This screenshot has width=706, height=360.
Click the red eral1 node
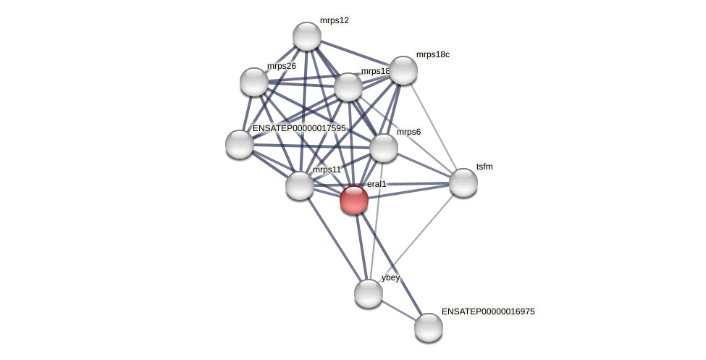point(354,200)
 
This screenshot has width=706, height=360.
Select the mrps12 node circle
point(307,36)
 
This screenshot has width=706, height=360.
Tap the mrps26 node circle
point(254,82)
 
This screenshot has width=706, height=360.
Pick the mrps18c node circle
point(403,70)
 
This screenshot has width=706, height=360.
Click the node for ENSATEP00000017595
point(240,144)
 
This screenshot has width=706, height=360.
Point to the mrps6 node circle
point(384,148)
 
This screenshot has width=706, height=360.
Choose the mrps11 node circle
point(300,185)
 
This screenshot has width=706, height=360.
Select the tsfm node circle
point(463,183)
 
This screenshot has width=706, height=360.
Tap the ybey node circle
point(369,293)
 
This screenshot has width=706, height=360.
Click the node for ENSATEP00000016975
point(429,327)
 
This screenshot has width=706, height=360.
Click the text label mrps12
point(335,20)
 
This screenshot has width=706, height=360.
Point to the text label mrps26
point(281,66)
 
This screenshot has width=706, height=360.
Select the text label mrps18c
point(432,54)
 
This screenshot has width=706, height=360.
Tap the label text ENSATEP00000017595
point(299,128)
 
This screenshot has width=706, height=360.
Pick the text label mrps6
point(408,132)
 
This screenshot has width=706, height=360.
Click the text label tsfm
point(484,167)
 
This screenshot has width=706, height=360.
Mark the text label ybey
point(390,277)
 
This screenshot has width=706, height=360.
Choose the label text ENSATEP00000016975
point(488,311)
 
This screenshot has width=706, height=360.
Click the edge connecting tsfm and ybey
point(416,238)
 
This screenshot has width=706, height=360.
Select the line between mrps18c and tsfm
point(433,126)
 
